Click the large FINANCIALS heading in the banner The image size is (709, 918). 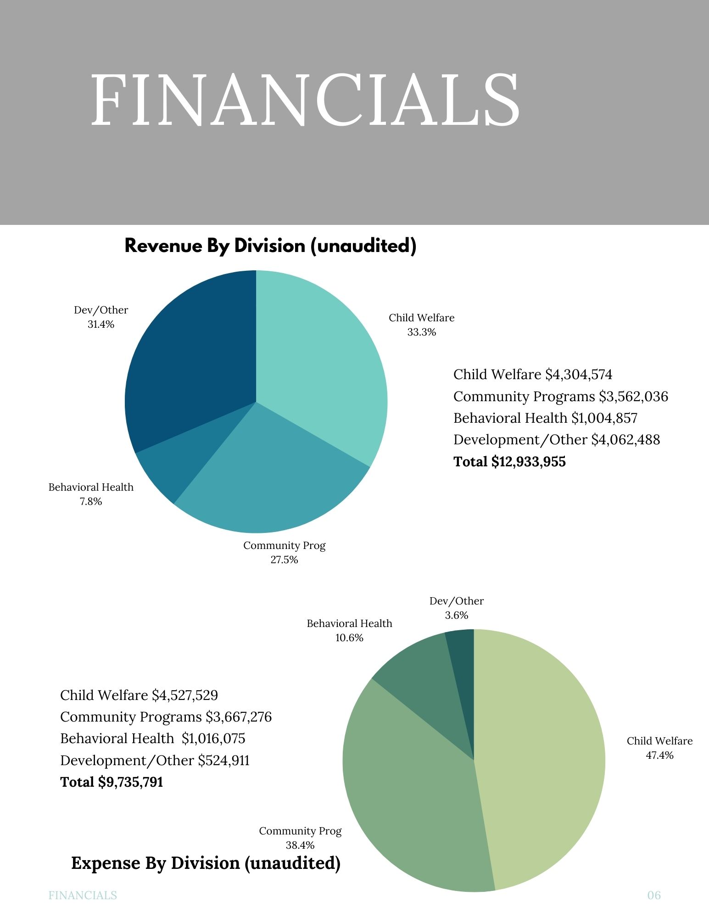pyautogui.click(x=305, y=100)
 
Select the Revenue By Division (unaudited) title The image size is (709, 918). pyautogui.click(x=270, y=246)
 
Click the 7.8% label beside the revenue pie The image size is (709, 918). pyautogui.click(x=91, y=502)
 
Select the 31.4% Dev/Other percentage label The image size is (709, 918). pyautogui.click(x=101, y=325)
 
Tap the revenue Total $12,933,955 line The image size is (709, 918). pyautogui.click(x=509, y=462)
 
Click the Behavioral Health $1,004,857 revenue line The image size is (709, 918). pyautogui.click(x=545, y=418)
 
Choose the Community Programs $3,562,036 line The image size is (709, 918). pyautogui.click(x=560, y=397)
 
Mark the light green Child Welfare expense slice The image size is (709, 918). pyautogui.click(x=542, y=757)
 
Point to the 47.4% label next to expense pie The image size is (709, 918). pyautogui.click(x=659, y=756)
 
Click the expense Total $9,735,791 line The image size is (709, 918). pyautogui.click(x=112, y=782)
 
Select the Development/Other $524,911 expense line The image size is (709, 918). pyautogui.click(x=155, y=761)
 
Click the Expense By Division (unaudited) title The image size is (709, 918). pyautogui.click(x=206, y=863)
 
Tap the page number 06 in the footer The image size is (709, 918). pyautogui.click(x=654, y=896)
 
